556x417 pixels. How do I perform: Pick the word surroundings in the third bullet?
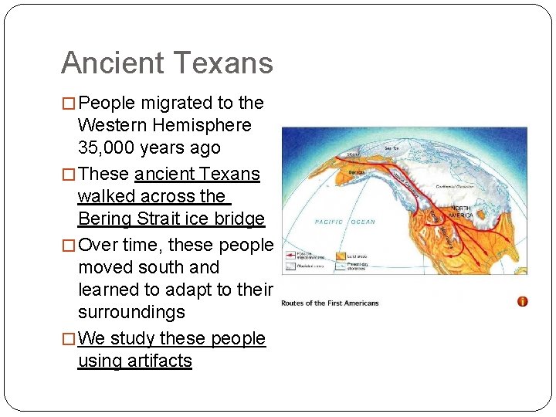pyautogui.click(x=131, y=312)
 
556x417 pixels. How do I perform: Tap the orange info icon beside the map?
pyautogui.click(x=523, y=301)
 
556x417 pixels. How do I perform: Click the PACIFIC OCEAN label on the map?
pyautogui.click(x=344, y=222)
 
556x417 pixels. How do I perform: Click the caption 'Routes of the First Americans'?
pyautogui.click(x=330, y=303)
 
